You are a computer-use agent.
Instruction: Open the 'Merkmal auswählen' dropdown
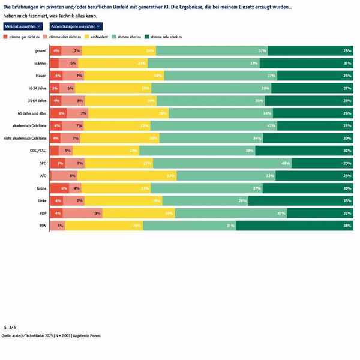(22, 26)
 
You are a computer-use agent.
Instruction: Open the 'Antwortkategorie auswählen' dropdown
(76, 26)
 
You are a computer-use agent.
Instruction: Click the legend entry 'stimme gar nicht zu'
(24, 37)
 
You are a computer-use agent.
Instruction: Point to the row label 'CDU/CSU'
(38, 151)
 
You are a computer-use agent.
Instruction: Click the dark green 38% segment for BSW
(295, 226)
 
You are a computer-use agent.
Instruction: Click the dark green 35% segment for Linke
(300, 200)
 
